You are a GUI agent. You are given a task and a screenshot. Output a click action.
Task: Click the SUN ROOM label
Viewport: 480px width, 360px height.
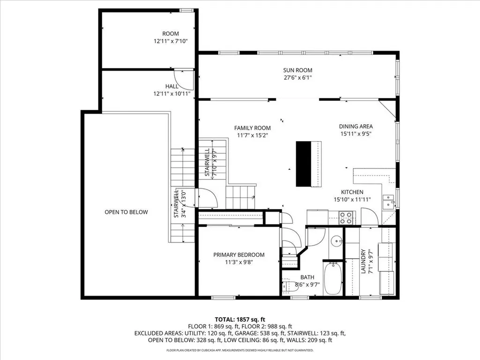pos(298,70)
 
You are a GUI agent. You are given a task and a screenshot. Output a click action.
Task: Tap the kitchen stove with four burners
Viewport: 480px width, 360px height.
pos(346,217)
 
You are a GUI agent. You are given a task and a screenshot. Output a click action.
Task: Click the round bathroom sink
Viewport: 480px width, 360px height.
pos(336,242)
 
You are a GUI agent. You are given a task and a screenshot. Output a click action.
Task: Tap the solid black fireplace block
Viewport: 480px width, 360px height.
pos(304,164)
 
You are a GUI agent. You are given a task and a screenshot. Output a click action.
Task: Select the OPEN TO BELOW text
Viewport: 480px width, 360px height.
pos(126,212)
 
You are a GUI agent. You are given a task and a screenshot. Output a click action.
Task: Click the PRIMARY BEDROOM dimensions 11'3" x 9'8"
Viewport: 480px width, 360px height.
pos(239,262)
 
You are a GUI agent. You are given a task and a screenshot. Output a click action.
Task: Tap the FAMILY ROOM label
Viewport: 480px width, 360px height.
pos(253,128)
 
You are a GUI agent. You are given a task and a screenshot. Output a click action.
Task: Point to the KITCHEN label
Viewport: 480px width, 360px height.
pos(352,192)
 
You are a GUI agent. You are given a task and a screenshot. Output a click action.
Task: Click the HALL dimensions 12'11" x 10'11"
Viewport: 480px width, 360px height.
pos(172,94)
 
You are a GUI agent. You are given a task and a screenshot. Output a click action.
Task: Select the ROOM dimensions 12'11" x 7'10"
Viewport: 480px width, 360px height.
pos(172,41)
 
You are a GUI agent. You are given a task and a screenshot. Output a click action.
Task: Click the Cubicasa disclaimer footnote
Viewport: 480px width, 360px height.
pos(240,350)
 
